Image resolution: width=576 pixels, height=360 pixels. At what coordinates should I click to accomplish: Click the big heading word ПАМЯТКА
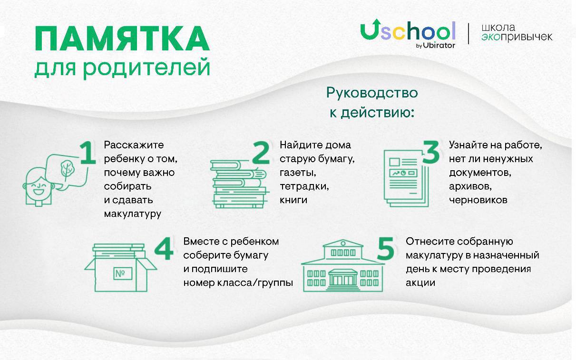pos(122,39)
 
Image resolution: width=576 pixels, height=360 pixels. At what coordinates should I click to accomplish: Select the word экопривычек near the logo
pos(517,37)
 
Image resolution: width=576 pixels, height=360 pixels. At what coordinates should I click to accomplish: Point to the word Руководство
pos(372,93)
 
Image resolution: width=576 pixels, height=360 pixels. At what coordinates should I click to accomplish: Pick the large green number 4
pos(164,248)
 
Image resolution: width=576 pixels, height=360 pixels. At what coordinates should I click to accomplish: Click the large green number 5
pos(385,248)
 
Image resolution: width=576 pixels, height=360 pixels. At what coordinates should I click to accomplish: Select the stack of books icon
pos(239,184)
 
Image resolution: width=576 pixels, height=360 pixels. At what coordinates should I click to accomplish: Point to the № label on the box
pos(123,273)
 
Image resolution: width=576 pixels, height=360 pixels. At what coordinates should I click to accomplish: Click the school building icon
pos(343,266)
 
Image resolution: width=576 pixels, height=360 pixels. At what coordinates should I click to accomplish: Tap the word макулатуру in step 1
pos(132,214)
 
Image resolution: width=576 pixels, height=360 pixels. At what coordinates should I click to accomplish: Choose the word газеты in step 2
pos(298,173)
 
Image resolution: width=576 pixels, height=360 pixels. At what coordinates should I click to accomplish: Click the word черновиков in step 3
pos(478,200)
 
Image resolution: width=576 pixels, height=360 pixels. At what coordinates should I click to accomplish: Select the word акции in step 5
pos(420,283)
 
